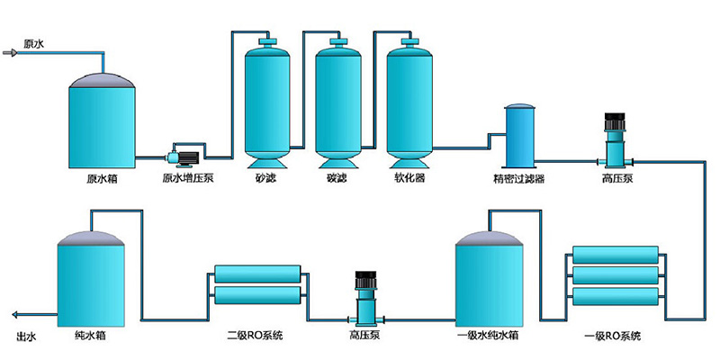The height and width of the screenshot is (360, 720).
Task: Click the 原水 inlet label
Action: tap(34, 42)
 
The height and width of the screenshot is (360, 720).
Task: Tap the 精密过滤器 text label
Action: tap(518, 178)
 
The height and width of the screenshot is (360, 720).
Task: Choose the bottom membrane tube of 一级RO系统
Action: tap(616, 295)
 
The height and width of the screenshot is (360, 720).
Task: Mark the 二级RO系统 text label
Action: tap(255, 336)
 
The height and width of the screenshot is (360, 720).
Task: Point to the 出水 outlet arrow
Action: tap(20, 315)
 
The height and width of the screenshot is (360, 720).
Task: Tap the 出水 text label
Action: tap(26, 337)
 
